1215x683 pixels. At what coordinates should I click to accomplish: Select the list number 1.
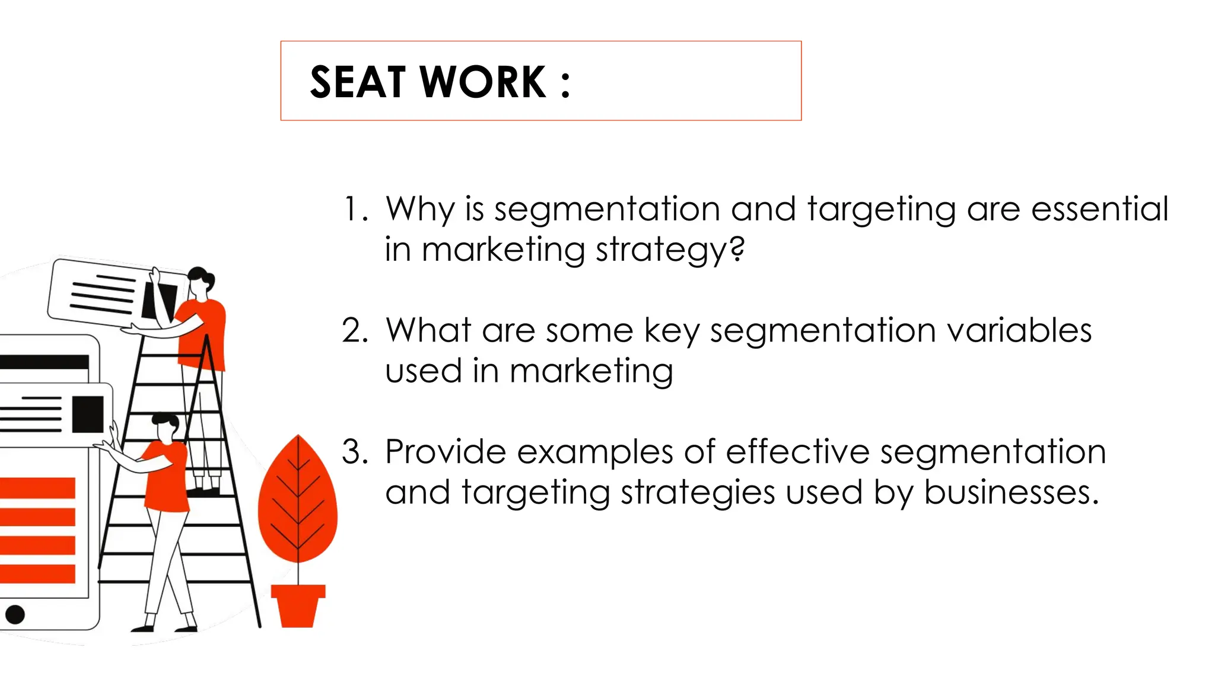(x=354, y=209)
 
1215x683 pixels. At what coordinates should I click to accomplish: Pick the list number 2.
(x=354, y=331)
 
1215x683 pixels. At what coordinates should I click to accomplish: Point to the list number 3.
(x=354, y=452)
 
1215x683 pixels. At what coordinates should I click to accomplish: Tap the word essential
(x=1099, y=209)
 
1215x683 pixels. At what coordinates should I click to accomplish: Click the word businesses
(x=1011, y=492)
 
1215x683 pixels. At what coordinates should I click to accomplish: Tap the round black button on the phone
(x=15, y=614)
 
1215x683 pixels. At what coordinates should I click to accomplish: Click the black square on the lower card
(x=88, y=414)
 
